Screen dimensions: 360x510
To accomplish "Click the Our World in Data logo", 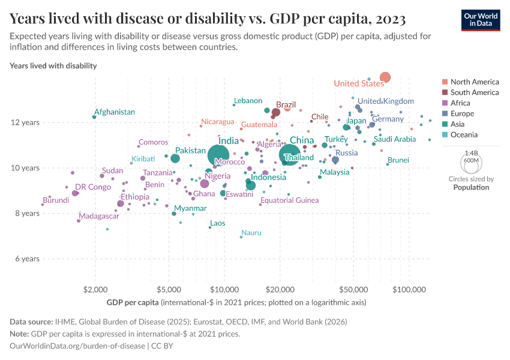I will click(480, 19).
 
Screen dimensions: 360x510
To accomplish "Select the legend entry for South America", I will click(474, 92).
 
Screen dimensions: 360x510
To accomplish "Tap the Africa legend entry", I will click(460, 103).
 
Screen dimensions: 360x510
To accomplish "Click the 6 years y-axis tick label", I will click(27, 259).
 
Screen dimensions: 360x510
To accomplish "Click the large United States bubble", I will click(385, 77).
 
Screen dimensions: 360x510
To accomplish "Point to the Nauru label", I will click(251, 233).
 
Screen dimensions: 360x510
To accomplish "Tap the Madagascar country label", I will click(99, 216).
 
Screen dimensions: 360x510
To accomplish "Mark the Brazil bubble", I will click(276, 112).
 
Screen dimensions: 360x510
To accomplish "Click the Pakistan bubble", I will click(175, 158).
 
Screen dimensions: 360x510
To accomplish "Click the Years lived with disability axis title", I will click(53, 65).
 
